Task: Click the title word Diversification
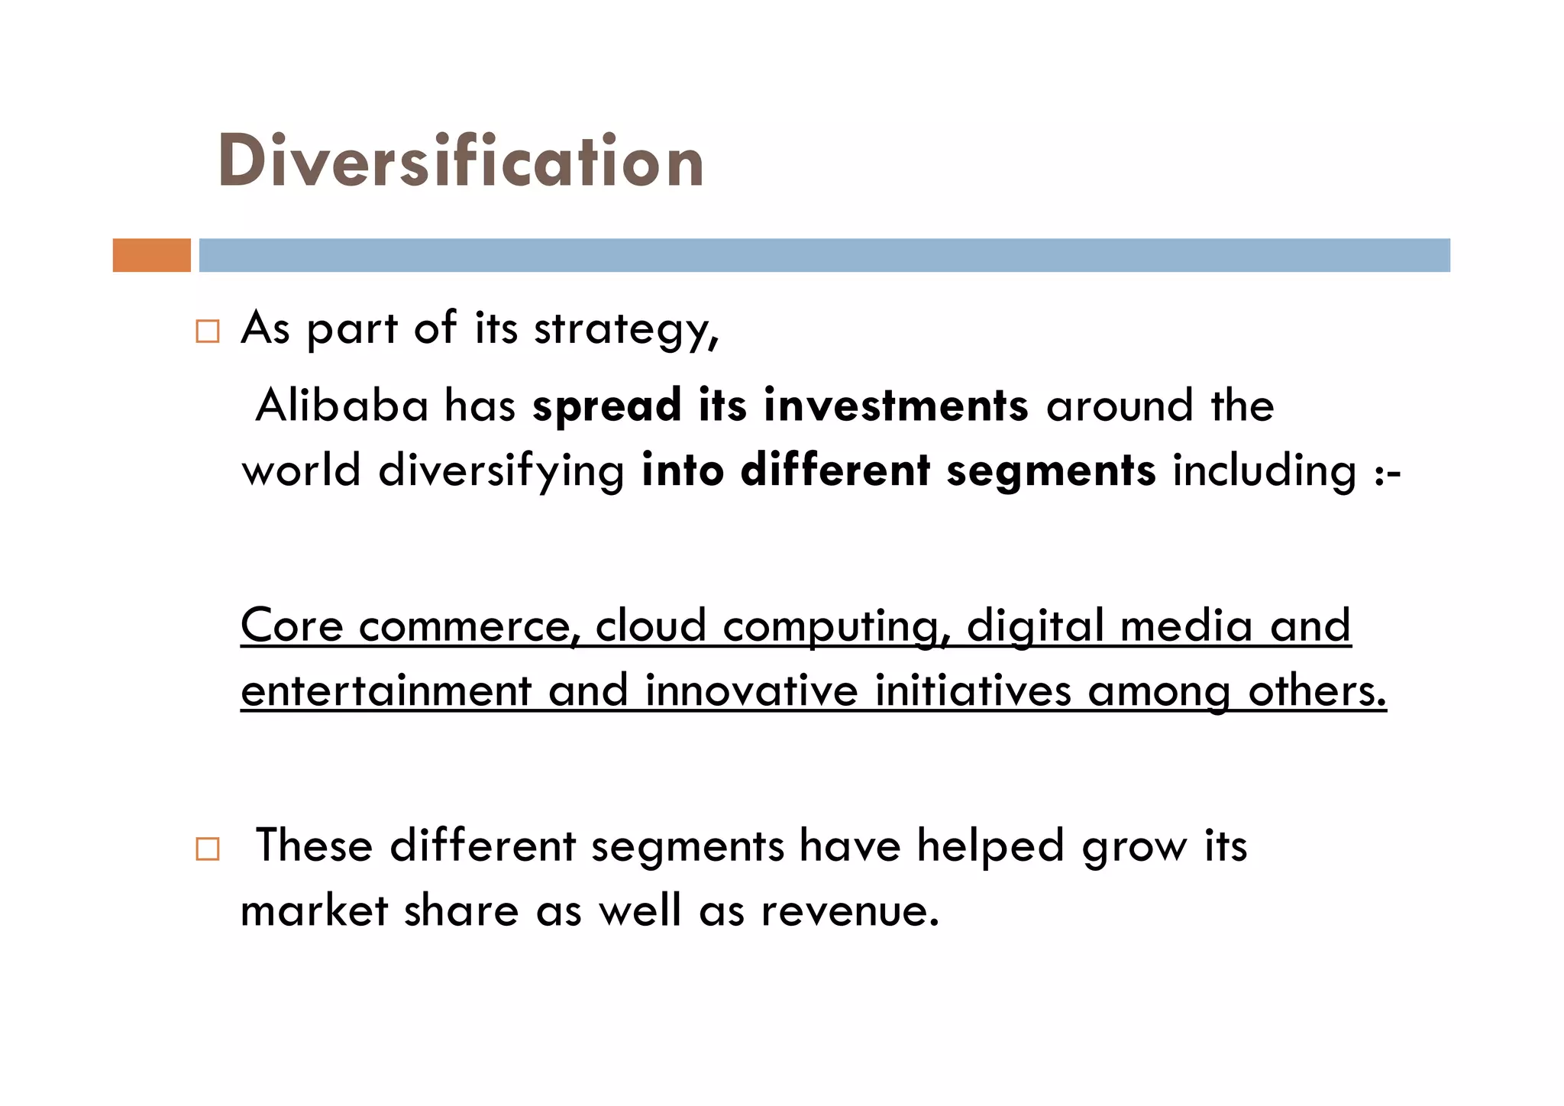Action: (460, 161)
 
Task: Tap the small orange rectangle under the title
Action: (151, 255)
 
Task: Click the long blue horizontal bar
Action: (824, 255)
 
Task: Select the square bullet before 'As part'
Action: (207, 331)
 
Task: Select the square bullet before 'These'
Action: (207, 849)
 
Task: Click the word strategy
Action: (625, 330)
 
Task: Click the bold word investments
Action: (896, 405)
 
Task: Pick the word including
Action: (1264, 471)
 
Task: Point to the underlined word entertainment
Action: (386, 690)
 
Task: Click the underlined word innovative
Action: (751, 690)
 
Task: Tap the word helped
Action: (990, 846)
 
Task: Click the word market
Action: (315, 910)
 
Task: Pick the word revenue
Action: (849, 910)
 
